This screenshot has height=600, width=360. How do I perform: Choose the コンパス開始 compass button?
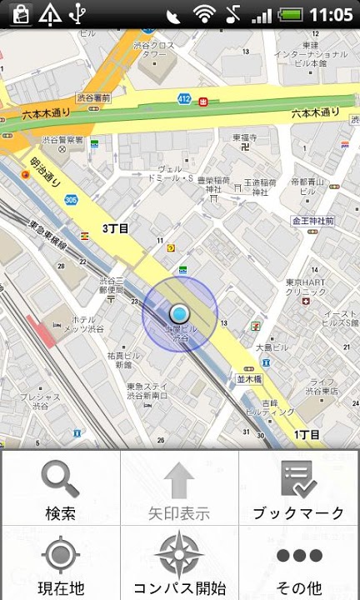pos(179,562)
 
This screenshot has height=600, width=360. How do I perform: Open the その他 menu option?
pos(299,562)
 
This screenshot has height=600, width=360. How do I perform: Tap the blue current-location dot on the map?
pos(179,313)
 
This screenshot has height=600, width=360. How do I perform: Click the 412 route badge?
pos(183,100)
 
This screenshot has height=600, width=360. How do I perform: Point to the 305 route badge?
pos(70,200)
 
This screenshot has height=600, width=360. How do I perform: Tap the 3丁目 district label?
pos(116,227)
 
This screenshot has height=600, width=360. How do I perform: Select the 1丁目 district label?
pos(307,435)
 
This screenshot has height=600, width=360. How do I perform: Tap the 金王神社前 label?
pos(312,221)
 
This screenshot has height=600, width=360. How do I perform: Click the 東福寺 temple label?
pos(244,137)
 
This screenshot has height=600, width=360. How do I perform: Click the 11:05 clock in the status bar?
pos(331,14)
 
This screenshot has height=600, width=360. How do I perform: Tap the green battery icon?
pos(289,14)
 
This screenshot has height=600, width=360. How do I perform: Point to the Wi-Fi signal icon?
pos(203,14)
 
